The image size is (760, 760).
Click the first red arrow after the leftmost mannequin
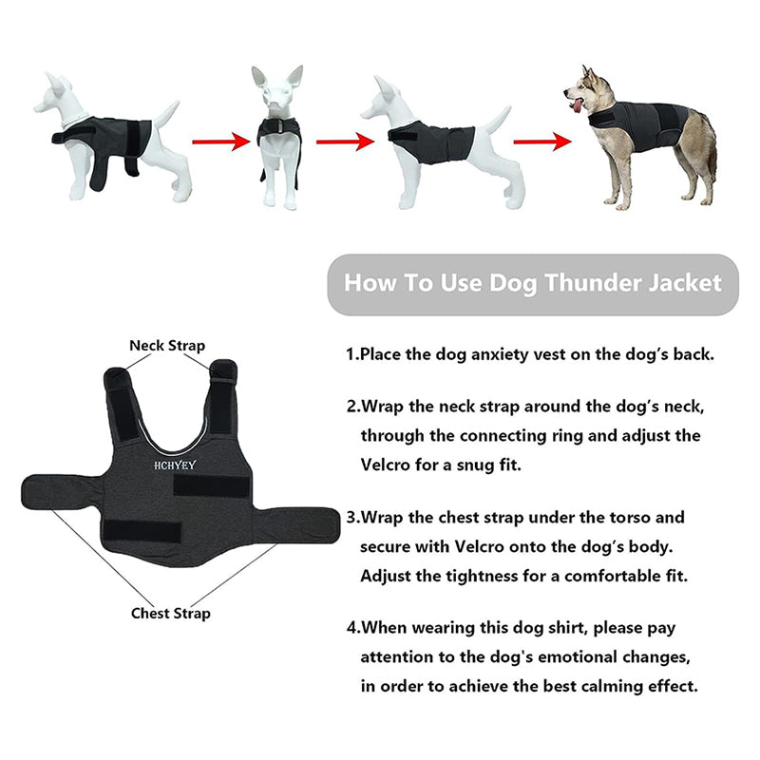tap(221, 142)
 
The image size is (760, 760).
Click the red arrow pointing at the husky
tap(542, 142)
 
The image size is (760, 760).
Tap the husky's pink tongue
tap(577, 105)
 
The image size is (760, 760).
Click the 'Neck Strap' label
tap(167, 346)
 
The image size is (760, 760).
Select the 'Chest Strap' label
tap(171, 613)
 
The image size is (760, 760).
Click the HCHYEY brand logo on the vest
tap(175, 465)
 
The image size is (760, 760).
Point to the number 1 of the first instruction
tap(351, 354)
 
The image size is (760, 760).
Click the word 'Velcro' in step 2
tap(386, 465)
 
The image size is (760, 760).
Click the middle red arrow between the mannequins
tap(346, 142)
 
